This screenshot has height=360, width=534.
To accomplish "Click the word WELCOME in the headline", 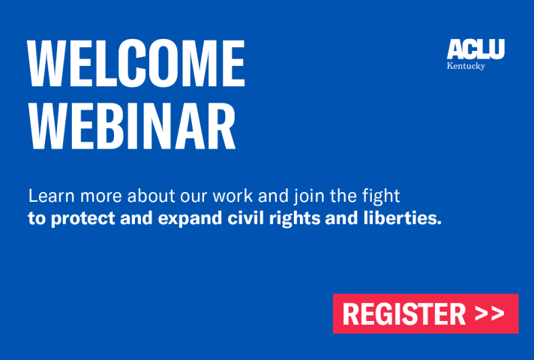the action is [x=136, y=63].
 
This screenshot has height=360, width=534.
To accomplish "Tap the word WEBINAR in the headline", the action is [x=132, y=126].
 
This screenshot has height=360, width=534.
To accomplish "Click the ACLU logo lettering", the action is [x=475, y=49].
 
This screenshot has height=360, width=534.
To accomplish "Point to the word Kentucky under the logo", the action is [x=466, y=66].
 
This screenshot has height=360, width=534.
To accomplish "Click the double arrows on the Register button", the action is [x=490, y=313].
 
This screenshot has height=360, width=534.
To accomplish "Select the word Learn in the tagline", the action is [x=52, y=196].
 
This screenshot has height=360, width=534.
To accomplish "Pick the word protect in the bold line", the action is [x=83, y=219].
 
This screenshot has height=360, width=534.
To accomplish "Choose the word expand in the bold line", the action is [x=190, y=219].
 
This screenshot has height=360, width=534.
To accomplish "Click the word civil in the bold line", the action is [x=246, y=217].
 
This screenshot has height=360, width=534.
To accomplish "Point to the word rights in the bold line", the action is [x=295, y=219].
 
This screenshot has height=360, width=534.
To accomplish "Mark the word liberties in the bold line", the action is [x=402, y=217].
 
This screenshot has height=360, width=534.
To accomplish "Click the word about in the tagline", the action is [x=151, y=196].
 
